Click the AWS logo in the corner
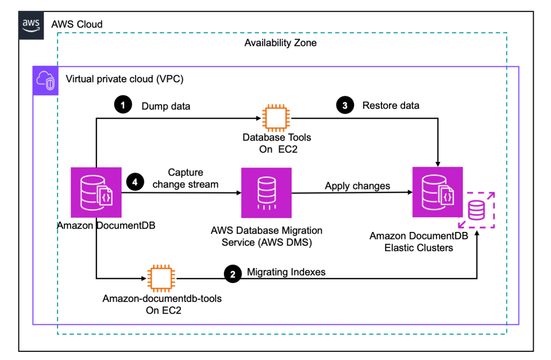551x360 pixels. [32, 26]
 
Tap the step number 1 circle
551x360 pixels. [123, 105]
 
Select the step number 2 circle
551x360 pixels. [232, 274]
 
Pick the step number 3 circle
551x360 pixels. [345, 105]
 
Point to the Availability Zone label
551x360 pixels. [280, 43]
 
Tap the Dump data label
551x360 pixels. [165, 105]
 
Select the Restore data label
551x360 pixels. [391, 105]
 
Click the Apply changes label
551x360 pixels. [357, 186]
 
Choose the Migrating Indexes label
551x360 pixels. [286, 272]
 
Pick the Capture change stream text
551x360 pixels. [186, 179]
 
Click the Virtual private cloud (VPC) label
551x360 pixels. [124, 79]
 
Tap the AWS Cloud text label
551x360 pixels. [77, 25]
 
